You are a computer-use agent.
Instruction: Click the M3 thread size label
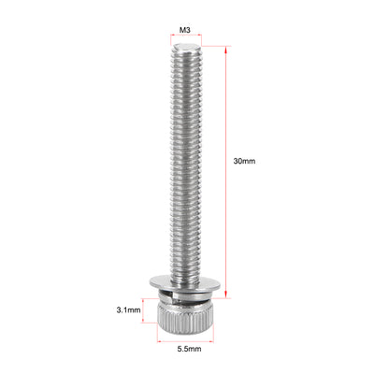(x=186, y=30)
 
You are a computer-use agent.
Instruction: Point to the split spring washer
(x=186, y=295)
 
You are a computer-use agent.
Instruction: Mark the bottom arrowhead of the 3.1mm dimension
(x=144, y=320)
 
